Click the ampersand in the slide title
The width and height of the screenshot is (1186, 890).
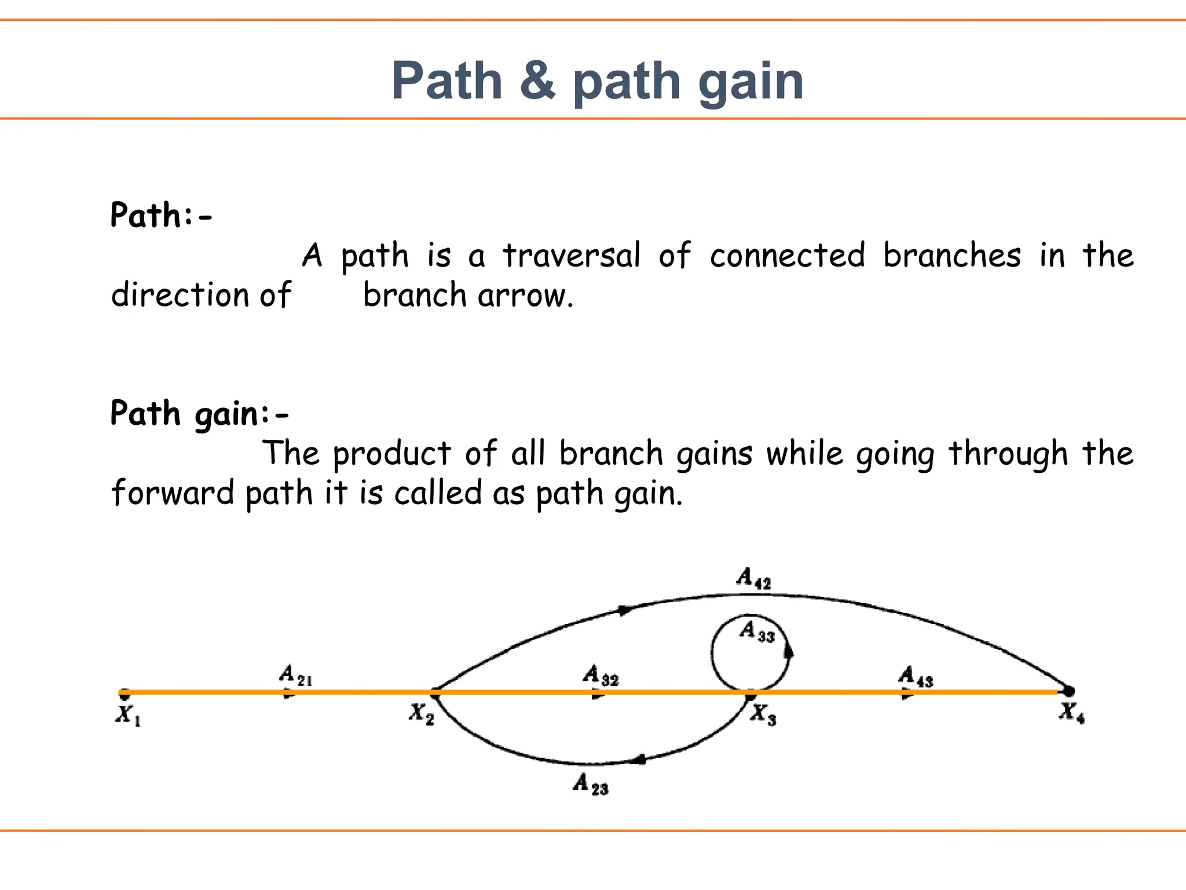tap(537, 81)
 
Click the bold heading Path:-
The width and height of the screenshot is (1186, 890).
tap(162, 216)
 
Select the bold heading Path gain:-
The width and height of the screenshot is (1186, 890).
tap(199, 414)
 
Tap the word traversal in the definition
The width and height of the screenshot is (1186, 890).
tap(571, 256)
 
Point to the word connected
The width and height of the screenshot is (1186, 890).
tap(788, 256)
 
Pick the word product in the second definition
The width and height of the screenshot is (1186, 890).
tap(391, 454)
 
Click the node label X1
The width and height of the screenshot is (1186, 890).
tap(127, 716)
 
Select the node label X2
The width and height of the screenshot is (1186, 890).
tap(421, 714)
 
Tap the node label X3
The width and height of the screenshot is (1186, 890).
tap(763, 714)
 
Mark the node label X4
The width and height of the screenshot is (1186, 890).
tap(1071, 712)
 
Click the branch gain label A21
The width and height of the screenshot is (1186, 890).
tap(295, 676)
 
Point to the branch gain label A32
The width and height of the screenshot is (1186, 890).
tap(601, 676)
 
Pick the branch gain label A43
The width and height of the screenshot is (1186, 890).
tap(916, 676)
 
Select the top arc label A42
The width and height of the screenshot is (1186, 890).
tap(753, 578)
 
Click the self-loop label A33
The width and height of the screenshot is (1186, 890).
tap(757, 632)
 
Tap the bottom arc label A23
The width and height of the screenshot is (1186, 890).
tap(591, 785)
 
